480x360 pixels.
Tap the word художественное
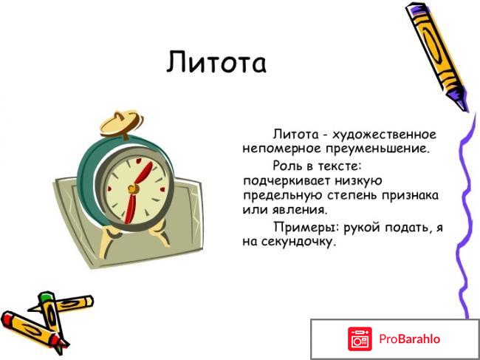point(384,135)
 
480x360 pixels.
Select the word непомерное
point(280,149)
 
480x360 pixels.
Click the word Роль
point(288,166)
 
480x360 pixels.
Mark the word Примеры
point(302,227)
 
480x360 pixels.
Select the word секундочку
point(297,242)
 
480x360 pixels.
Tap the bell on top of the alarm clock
point(119,118)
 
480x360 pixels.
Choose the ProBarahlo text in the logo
point(410,339)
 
